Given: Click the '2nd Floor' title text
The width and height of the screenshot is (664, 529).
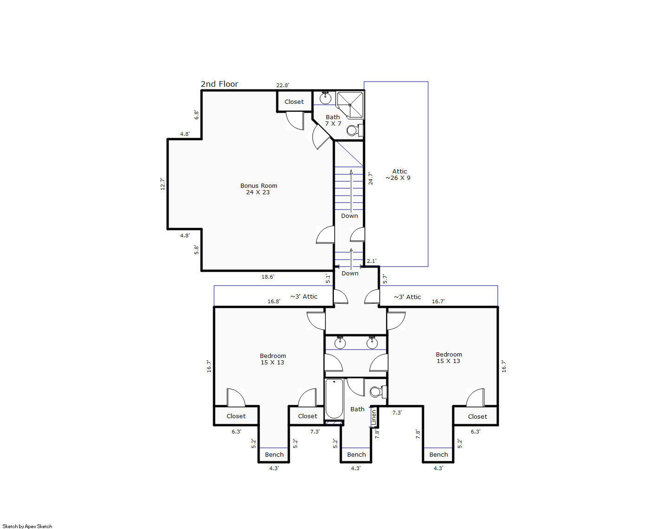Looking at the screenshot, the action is (x=219, y=84).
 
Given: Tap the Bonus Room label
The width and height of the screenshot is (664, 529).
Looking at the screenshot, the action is (x=259, y=185).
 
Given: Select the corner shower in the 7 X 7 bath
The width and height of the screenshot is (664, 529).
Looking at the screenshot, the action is (x=350, y=105).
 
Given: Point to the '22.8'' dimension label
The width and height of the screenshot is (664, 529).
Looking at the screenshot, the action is (x=282, y=85).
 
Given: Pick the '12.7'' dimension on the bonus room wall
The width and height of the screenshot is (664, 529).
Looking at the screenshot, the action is (x=163, y=184).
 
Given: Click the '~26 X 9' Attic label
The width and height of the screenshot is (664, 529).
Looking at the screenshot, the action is (x=398, y=178).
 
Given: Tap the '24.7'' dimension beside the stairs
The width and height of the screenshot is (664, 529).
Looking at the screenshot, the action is (x=370, y=178).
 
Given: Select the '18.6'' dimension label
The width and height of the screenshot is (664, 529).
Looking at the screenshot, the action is (x=268, y=277).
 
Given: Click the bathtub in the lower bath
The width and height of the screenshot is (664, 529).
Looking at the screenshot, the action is (x=334, y=398).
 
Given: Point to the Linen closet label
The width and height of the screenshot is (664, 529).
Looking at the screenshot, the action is (x=374, y=417).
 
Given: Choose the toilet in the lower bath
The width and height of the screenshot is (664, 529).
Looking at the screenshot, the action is (x=378, y=392).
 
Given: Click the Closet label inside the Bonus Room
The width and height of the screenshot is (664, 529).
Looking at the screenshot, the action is (x=294, y=102).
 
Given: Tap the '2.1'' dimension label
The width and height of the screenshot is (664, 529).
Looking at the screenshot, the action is (x=371, y=261).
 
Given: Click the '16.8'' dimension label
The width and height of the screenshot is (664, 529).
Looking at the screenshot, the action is (x=274, y=301).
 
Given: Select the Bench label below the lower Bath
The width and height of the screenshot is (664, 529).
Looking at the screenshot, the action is (x=356, y=454).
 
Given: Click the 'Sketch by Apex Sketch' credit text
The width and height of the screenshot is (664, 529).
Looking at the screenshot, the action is (x=27, y=526).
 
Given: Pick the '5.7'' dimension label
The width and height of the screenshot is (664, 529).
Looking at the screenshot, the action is (x=385, y=279).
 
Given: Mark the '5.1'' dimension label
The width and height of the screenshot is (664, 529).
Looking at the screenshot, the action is (x=328, y=279).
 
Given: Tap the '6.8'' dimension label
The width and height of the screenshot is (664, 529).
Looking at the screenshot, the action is (x=196, y=115).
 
